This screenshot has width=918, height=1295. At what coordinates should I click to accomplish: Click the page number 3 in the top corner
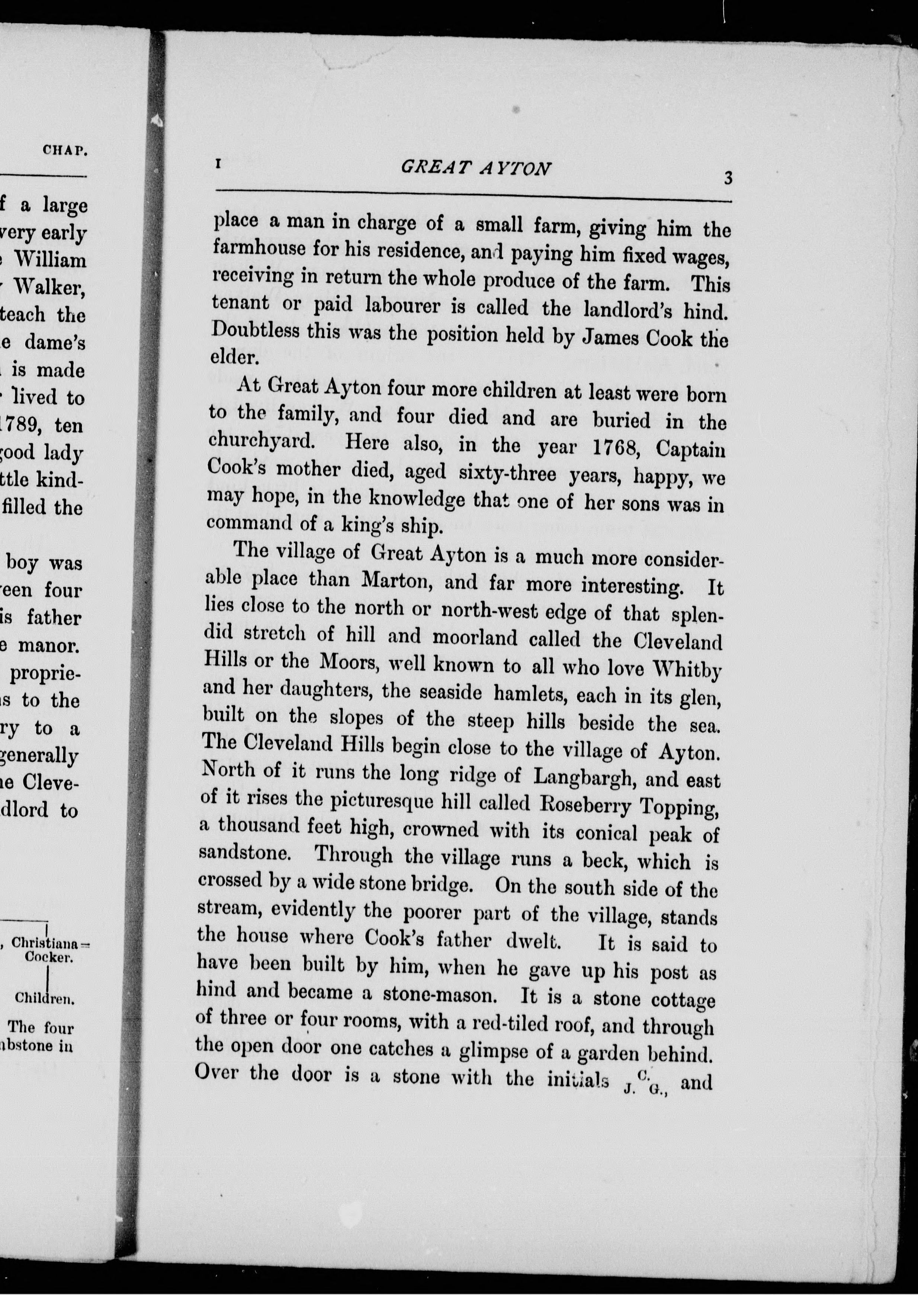pos(728,178)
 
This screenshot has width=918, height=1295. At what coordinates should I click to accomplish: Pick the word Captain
pos(690,450)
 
